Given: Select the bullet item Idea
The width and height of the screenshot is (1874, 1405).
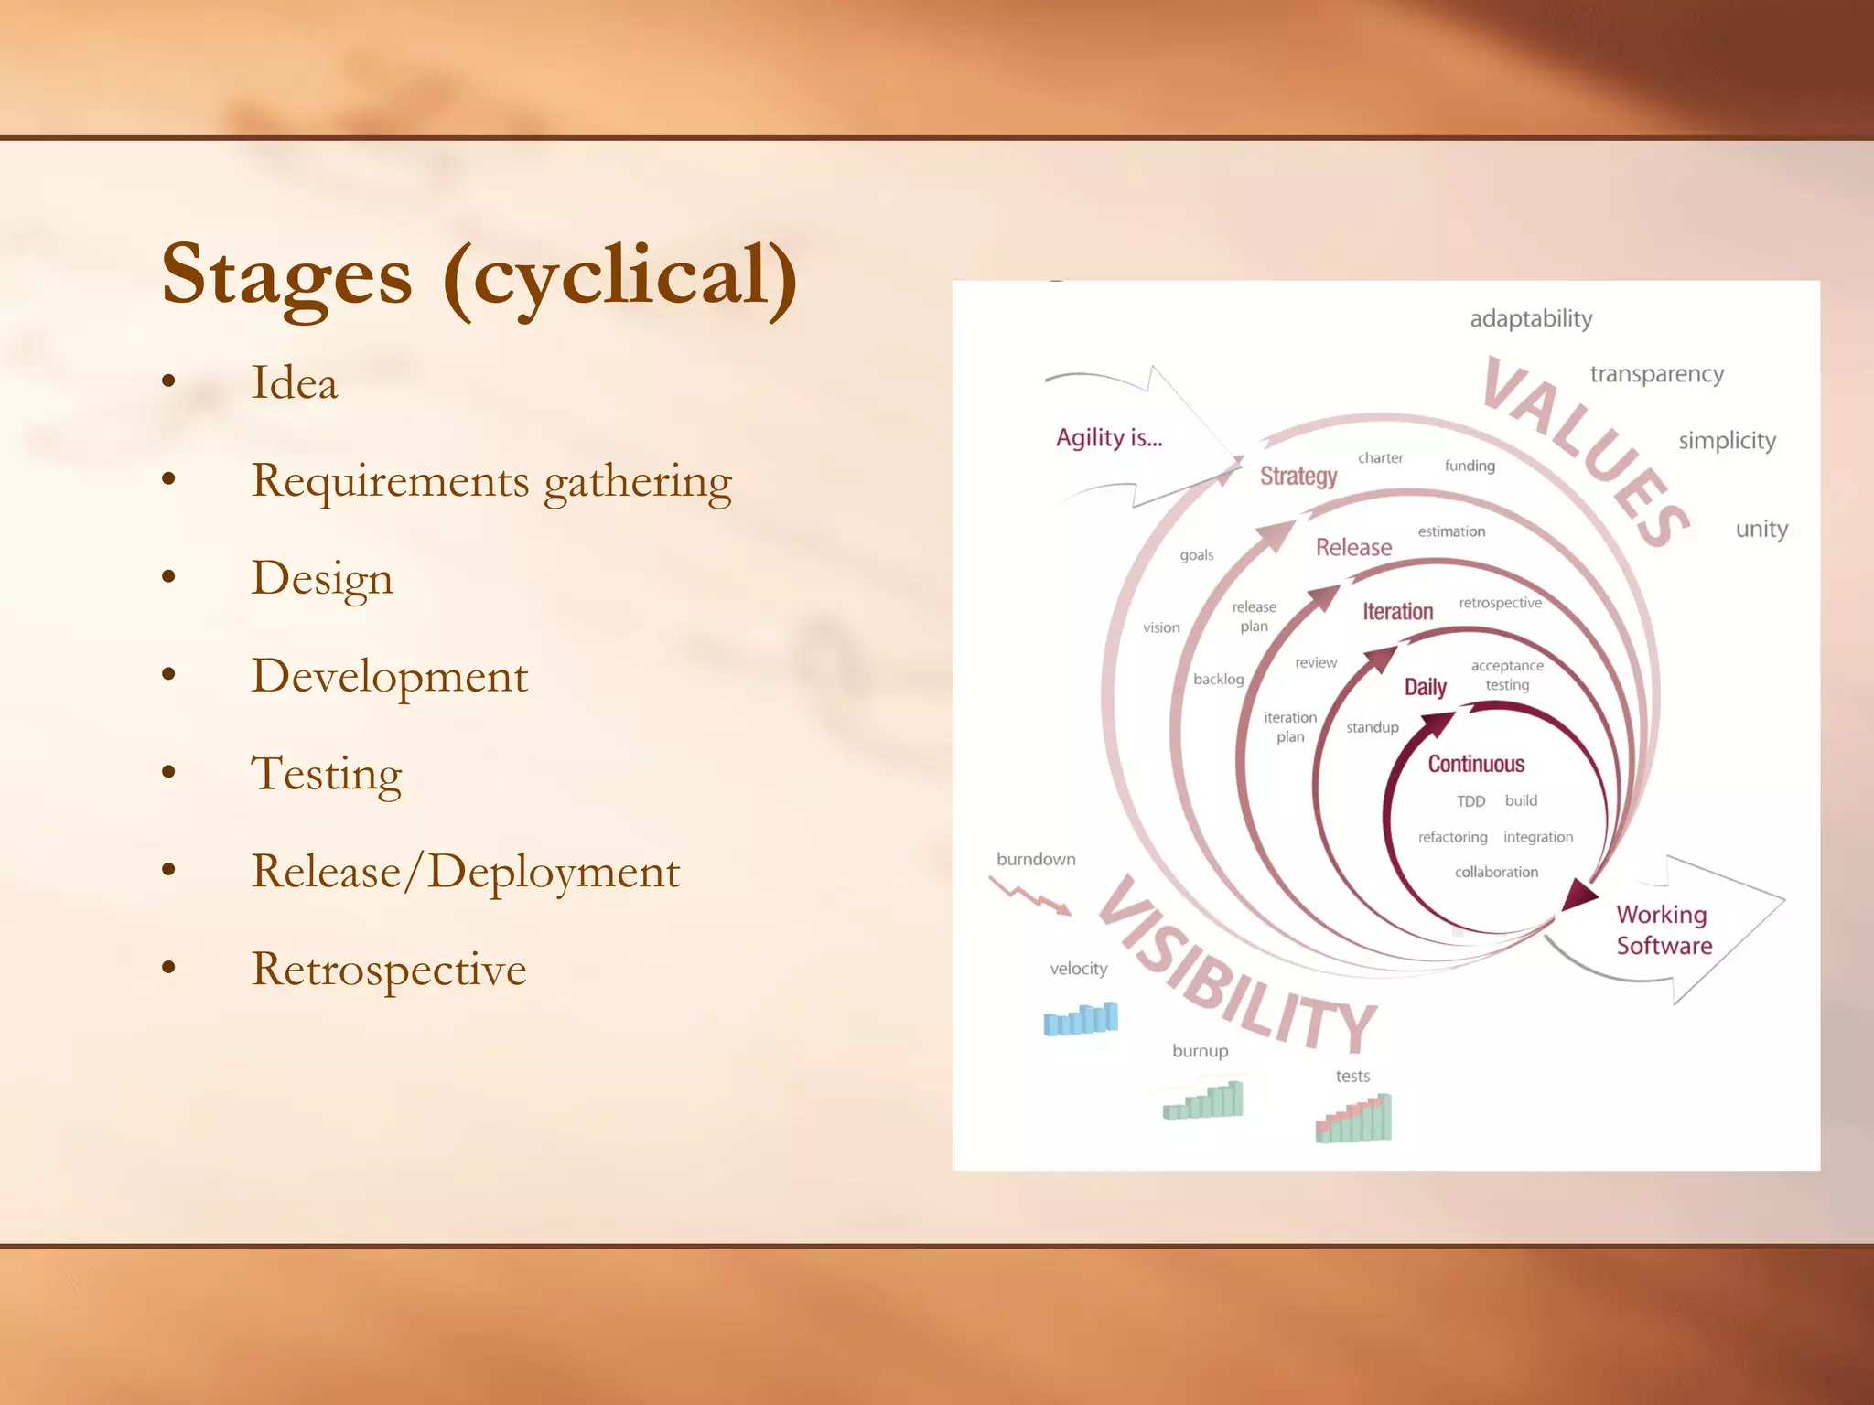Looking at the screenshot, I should click(295, 382).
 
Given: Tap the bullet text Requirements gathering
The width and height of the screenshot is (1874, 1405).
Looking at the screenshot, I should click(491, 481).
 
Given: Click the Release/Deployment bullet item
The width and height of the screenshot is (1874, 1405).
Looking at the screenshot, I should click(466, 871).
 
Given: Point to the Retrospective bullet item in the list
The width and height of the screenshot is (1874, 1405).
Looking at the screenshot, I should click(389, 969).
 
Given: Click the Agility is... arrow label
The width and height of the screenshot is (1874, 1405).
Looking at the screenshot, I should click(1109, 438).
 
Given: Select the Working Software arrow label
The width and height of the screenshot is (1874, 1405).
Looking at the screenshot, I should click(1663, 929).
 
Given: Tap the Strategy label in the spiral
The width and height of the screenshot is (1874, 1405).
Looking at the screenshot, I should click(1298, 476).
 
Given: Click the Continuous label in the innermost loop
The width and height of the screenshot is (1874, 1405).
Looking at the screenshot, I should click(1476, 764).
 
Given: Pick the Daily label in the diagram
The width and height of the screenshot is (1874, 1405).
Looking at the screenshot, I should click(1425, 687).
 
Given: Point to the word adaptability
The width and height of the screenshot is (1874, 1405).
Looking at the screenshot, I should click(1531, 319).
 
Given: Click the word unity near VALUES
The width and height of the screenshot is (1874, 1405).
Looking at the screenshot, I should click(1761, 529).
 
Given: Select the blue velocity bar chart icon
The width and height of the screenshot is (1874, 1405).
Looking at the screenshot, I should click(1081, 1018).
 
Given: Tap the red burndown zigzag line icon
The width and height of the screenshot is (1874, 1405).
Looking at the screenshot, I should click(1029, 896).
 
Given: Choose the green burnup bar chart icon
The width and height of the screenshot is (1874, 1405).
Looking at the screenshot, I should click(1204, 1100).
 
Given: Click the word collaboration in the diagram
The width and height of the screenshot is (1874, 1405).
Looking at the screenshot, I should click(1496, 872).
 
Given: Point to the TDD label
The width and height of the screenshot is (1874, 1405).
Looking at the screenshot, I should click(1470, 801).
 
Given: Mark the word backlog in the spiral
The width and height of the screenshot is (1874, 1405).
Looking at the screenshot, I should click(1218, 679).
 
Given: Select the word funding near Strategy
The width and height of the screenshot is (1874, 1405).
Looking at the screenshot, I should click(1470, 466).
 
